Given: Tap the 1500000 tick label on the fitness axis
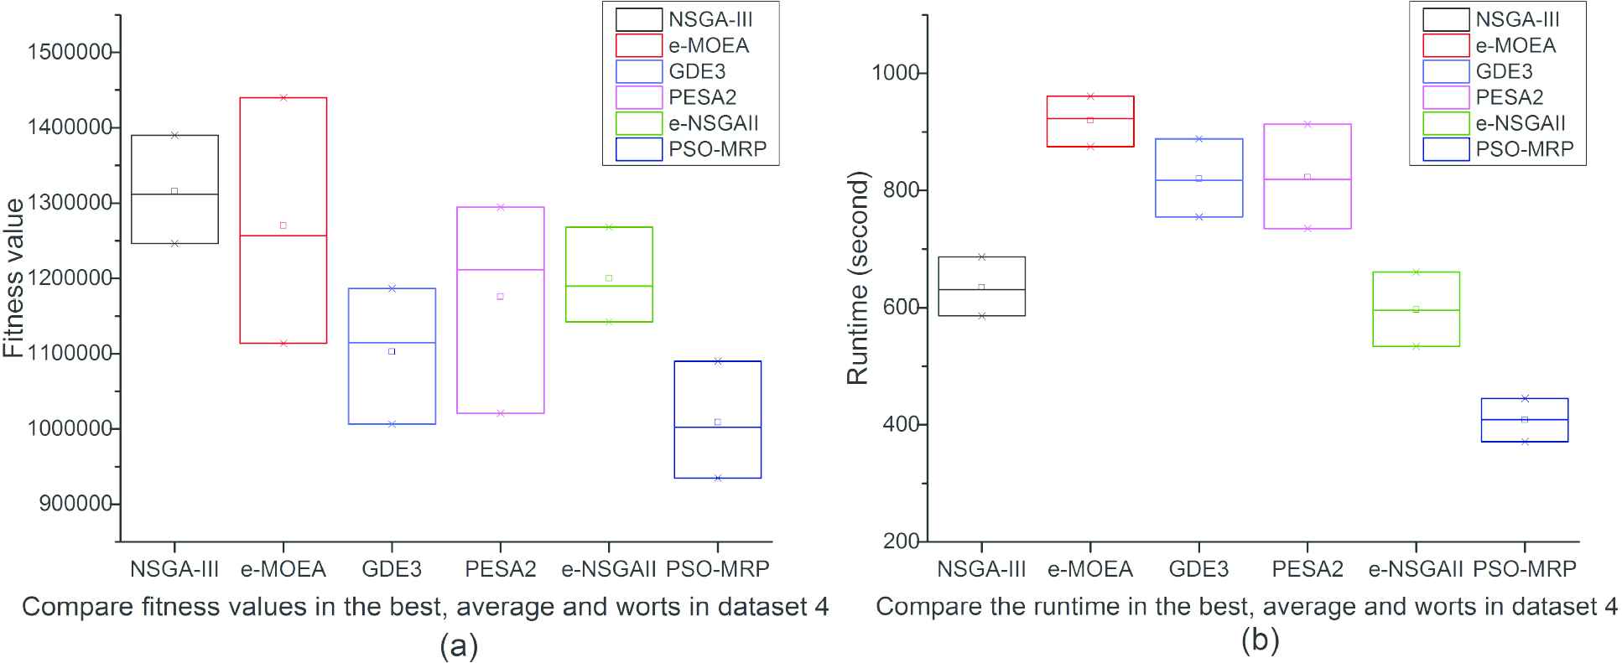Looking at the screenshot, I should coord(70,52).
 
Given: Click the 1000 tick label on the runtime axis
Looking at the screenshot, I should coord(897,73).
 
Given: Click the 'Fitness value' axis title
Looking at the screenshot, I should coord(14,277).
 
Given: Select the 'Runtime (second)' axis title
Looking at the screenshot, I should coord(857,277).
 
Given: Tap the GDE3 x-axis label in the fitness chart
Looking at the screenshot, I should coord(392,569).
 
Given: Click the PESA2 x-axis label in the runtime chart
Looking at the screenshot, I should coord(1307,569).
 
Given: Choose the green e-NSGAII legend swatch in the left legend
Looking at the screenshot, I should coord(638,123).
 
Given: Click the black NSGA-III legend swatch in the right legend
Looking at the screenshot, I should coord(1445,19).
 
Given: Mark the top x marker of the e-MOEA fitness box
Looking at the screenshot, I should coord(283,97).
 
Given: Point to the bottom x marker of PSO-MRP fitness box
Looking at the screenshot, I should coord(718,478).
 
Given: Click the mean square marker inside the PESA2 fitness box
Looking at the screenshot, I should coord(501,297).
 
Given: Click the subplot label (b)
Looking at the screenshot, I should coord(1261,640).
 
